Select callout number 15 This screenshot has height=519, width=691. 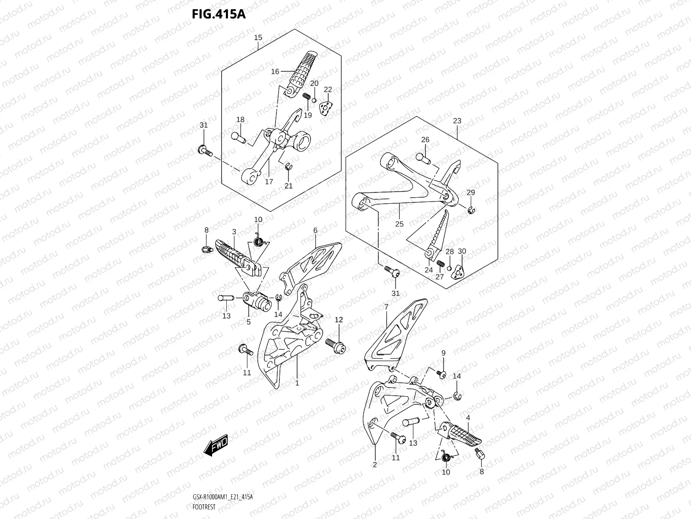(258, 38)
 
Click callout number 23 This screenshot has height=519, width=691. (457, 121)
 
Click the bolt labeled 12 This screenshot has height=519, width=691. (336, 345)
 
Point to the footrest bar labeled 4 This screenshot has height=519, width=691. (460, 436)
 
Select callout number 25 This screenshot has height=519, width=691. (399, 224)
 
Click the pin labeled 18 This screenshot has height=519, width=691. (238, 137)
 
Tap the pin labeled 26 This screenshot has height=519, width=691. (424, 158)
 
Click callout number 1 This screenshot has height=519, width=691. (297, 383)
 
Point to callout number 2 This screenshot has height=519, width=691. (374, 465)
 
